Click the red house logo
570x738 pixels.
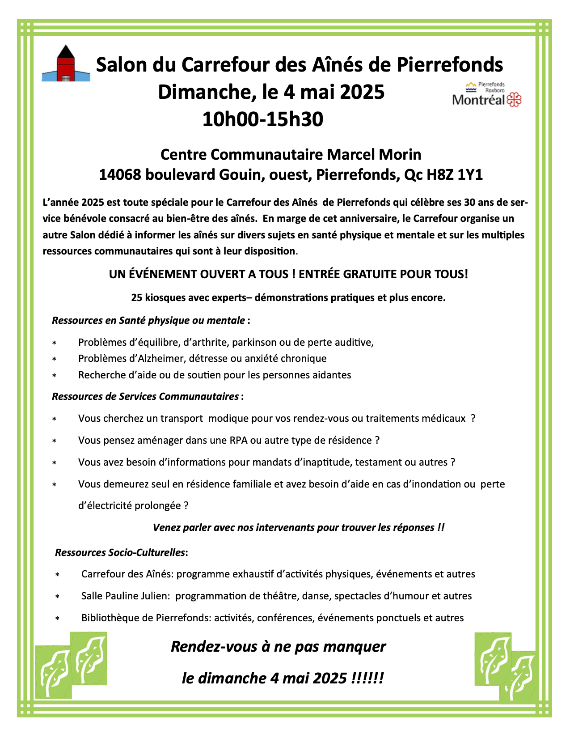click(66, 64)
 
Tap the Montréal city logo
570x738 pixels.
click(487, 94)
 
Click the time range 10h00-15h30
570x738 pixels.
click(262, 119)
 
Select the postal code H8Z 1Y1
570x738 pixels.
click(455, 174)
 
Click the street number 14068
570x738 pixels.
click(120, 174)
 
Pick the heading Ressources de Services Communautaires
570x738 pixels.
click(145, 396)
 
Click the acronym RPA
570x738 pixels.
click(239, 440)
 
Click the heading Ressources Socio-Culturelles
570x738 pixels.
click(120, 552)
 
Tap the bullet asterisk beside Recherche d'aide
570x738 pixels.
click(54, 376)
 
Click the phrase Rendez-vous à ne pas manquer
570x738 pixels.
click(278, 646)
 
